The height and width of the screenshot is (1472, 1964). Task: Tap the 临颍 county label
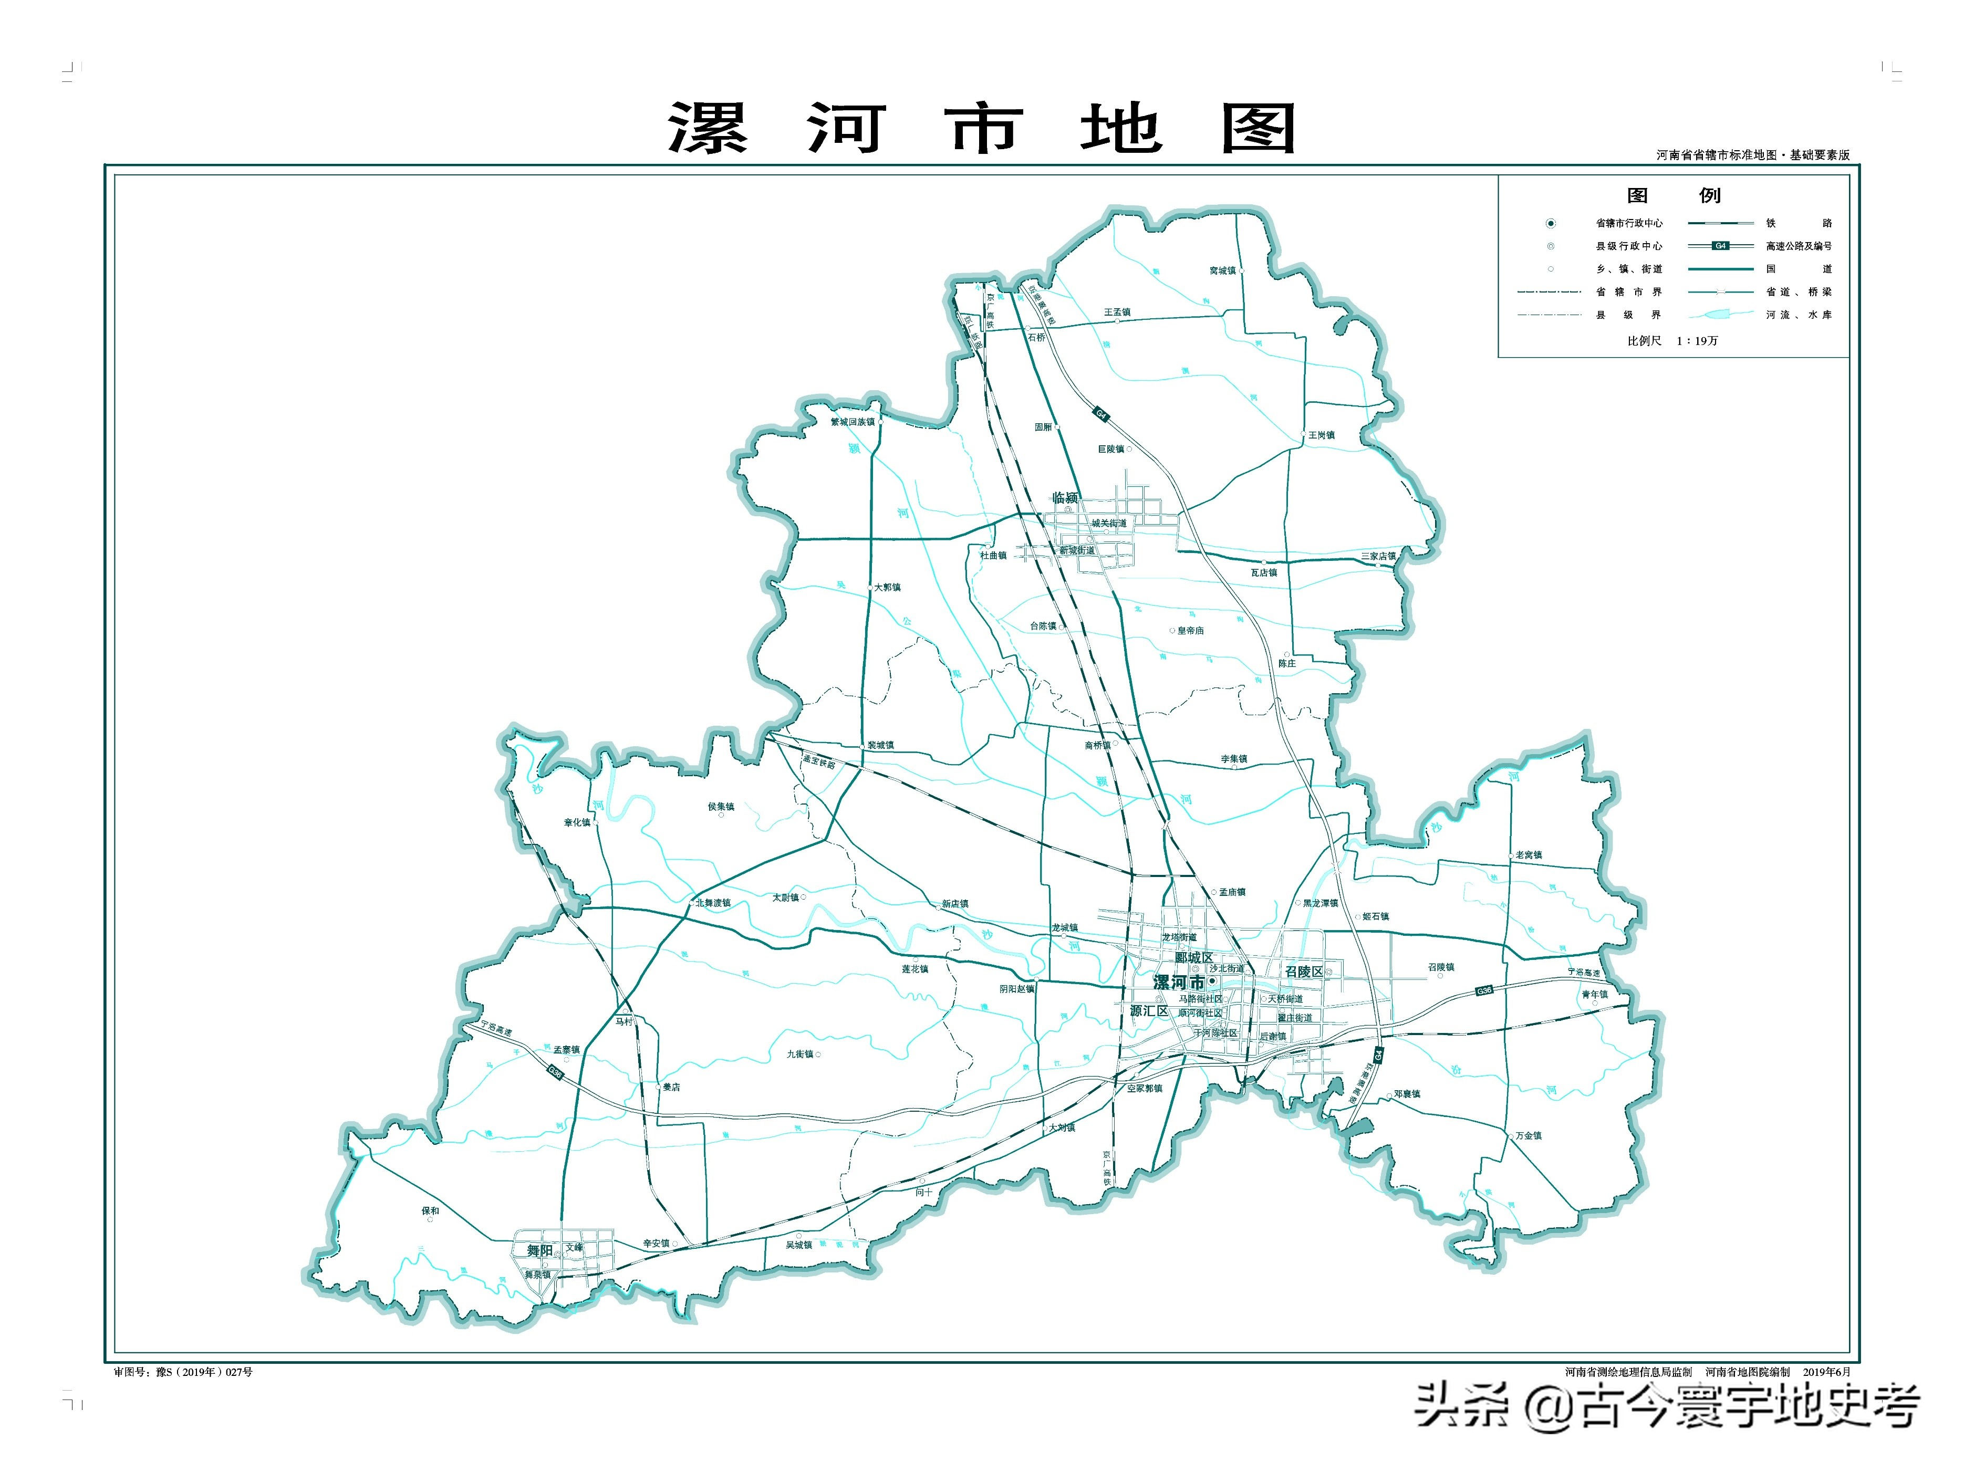click(x=1065, y=497)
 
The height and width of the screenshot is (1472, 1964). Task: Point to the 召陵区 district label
click(x=1303, y=972)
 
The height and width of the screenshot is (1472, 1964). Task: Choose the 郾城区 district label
click(x=1193, y=957)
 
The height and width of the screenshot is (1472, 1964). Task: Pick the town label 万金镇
click(x=1528, y=1135)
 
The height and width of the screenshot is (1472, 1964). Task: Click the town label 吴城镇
click(x=798, y=1245)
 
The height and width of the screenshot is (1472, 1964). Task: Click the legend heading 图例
click(x=1673, y=195)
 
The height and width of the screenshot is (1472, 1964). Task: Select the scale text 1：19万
click(x=1697, y=341)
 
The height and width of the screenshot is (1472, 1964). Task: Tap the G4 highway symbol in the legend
click(x=1720, y=246)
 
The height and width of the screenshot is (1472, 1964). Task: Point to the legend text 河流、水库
click(x=1798, y=314)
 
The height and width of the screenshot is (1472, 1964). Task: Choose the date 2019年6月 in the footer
click(x=1826, y=1372)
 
